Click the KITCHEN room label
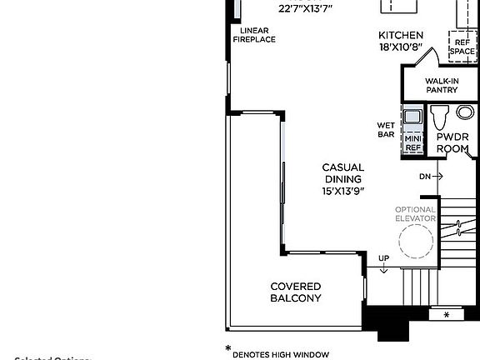[x=401, y=35]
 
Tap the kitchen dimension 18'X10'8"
[x=401, y=47]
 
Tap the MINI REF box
[x=413, y=142]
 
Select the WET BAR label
[x=385, y=131]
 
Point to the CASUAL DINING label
[x=343, y=172]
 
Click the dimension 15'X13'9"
[x=343, y=191]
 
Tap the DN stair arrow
[x=431, y=176]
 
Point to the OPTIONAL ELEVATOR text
[x=415, y=213]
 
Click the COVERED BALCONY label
[x=296, y=292]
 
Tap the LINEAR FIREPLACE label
[x=253, y=35]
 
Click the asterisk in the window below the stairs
[x=446, y=315]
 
